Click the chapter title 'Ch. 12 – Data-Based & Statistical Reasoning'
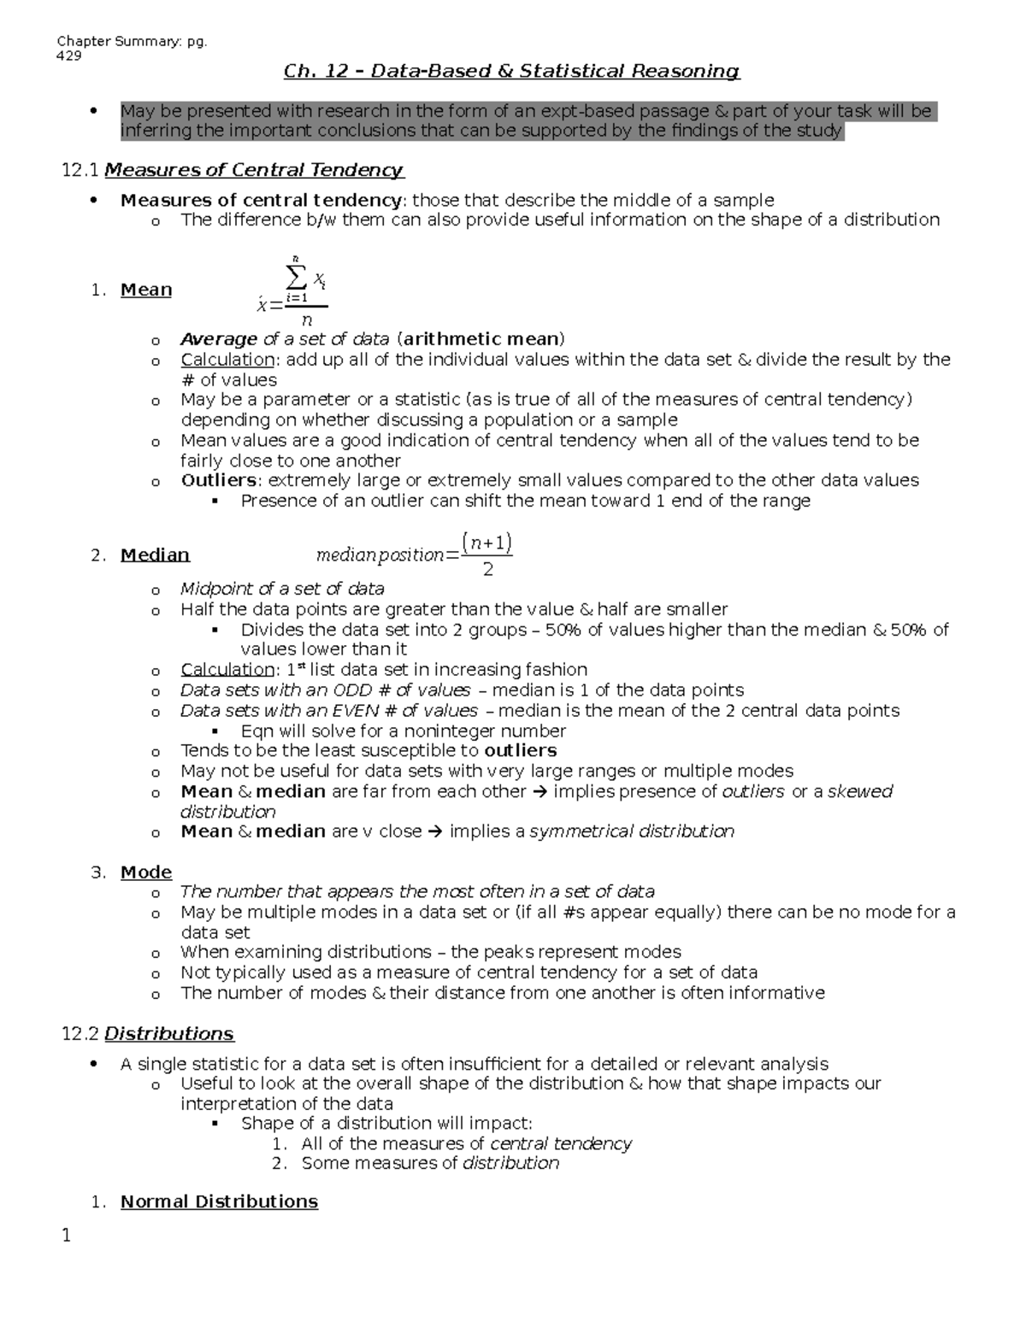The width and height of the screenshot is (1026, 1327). (x=511, y=71)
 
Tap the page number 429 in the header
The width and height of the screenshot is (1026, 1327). (x=68, y=56)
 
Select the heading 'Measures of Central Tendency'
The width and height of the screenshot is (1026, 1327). (x=253, y=170)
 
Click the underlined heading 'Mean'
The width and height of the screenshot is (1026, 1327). (x=146, y=291)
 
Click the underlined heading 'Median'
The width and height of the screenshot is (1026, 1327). (x=155, y=555)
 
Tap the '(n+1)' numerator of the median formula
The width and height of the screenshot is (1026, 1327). (x=486, y=543)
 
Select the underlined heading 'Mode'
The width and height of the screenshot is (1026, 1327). (x=146, y=872)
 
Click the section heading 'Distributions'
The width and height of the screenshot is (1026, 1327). (x=168, y=1034)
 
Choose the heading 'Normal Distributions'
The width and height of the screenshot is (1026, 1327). (x=219, y=1202)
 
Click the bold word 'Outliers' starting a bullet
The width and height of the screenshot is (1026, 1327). (x=218, y=480)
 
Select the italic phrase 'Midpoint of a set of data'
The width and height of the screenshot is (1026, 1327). (x=282, y=589)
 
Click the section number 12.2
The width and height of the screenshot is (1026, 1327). (x=80, y=1034)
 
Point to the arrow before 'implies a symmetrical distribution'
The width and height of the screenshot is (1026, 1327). (x=435, y=831)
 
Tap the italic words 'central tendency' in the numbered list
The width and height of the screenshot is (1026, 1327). (x=561, y=1144)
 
